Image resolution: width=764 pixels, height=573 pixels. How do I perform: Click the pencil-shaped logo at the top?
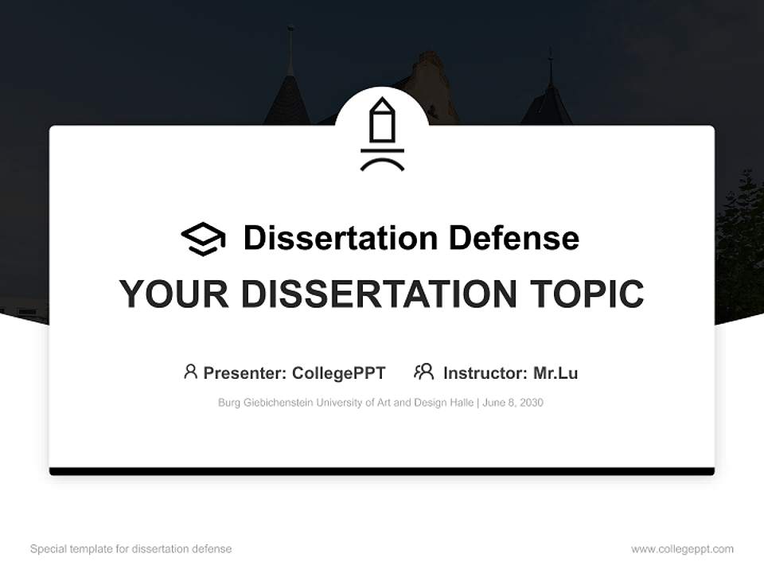[382, 134]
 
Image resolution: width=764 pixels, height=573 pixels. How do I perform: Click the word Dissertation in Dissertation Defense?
[340, 238]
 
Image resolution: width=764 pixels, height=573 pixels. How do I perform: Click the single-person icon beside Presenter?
[190, 372]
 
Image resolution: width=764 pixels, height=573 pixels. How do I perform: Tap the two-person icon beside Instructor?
[423, 372]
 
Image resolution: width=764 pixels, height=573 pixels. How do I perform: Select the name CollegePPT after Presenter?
[338, 373]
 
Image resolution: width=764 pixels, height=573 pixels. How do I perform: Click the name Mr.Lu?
[555, 373]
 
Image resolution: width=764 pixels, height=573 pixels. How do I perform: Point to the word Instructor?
[485, 373]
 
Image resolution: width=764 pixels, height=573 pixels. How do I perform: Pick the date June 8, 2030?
[513, 403]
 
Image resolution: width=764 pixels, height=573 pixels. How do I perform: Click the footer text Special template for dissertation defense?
[131, 549]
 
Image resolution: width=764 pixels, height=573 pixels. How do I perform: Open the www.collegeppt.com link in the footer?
[682, 549]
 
